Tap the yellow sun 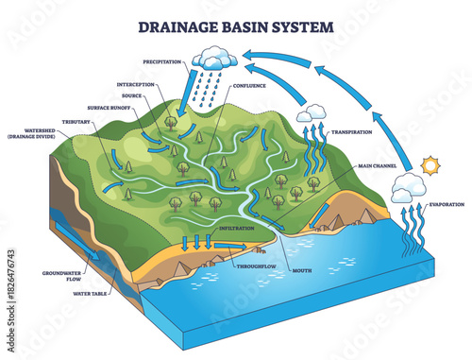click(x=431, y=166)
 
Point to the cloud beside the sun click(x=408, y=189)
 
